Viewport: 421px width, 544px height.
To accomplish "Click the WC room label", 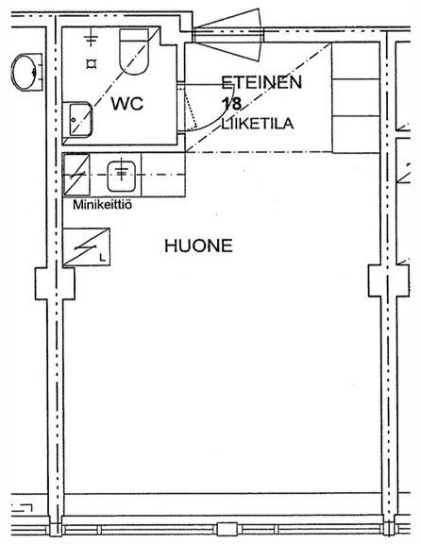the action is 126,103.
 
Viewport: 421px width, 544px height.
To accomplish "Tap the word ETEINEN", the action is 261,82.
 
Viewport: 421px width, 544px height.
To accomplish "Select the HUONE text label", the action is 198,246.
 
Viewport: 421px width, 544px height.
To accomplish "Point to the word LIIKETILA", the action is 258,124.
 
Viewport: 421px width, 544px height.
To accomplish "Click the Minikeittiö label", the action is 102,205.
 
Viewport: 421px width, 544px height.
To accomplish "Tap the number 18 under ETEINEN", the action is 231,104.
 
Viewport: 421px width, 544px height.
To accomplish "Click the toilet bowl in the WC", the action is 134,51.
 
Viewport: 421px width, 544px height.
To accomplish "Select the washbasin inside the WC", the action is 77,119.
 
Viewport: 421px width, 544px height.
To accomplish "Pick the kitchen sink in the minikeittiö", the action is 121,176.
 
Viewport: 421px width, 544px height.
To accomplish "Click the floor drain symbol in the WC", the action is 92,64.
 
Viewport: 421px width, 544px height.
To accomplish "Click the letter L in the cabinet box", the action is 102,258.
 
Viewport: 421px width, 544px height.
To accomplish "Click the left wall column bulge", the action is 55,283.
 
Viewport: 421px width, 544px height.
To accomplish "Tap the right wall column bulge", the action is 389,280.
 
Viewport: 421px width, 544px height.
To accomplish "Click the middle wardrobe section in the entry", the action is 356,97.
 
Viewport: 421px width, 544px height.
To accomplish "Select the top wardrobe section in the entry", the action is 356,60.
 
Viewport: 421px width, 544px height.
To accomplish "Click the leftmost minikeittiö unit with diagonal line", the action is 76,175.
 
